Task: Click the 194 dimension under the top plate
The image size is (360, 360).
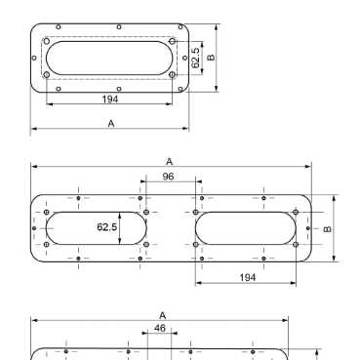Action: [110, 99]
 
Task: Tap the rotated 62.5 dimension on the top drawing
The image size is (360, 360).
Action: [195, 58]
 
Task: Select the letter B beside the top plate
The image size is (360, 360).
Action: [211, 58]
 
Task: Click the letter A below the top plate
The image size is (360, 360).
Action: [111, 124]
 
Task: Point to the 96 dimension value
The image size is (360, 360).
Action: [168, 177]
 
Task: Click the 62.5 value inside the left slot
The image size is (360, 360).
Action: [107, 226]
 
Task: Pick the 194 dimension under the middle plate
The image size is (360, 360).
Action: [248, 277]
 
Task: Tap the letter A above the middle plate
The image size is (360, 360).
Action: [169, 161]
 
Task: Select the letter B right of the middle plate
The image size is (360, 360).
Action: [328, 229]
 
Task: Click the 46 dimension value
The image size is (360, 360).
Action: [160, 328]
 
